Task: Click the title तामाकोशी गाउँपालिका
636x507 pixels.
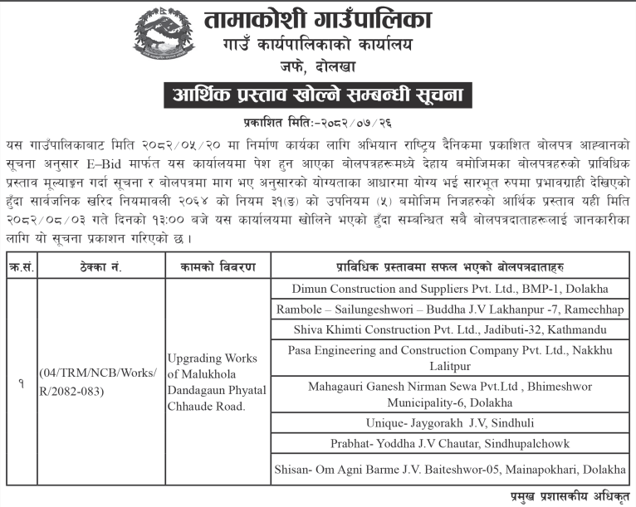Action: point(320,19)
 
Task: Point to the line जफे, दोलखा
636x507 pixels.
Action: point(319,66)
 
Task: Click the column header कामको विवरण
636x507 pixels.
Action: point(217,266)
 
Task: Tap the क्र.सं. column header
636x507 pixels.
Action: point(21,266)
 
